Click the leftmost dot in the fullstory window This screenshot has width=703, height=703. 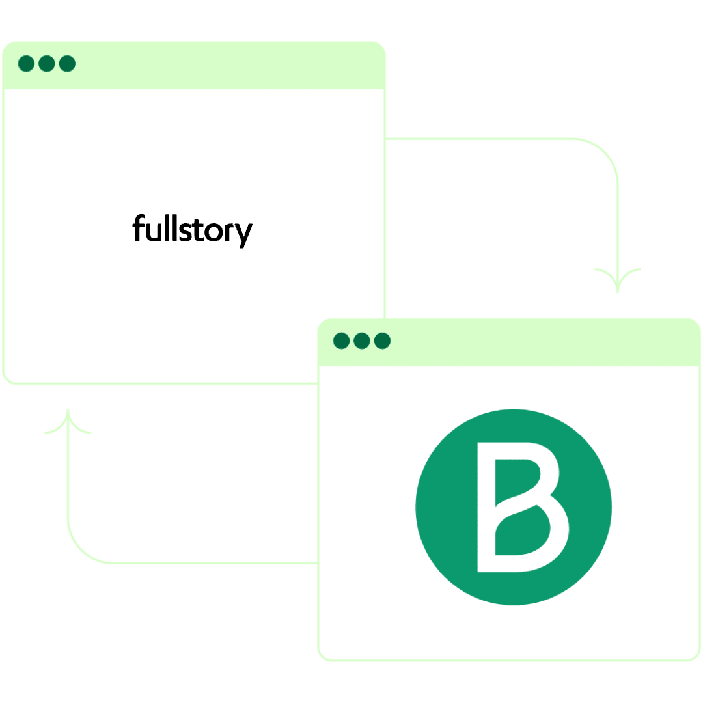click(26, 64)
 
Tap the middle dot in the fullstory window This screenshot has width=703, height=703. click(46, 64)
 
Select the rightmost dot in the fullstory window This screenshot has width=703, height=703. click(67, 64)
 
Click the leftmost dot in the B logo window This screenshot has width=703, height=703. click(341, 340)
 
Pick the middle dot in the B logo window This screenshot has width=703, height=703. click(362, 340)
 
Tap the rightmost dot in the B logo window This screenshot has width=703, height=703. click(382, 340)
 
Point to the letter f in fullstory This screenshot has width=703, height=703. click(138, 228)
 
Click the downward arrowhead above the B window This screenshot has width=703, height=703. click(617, 281)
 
